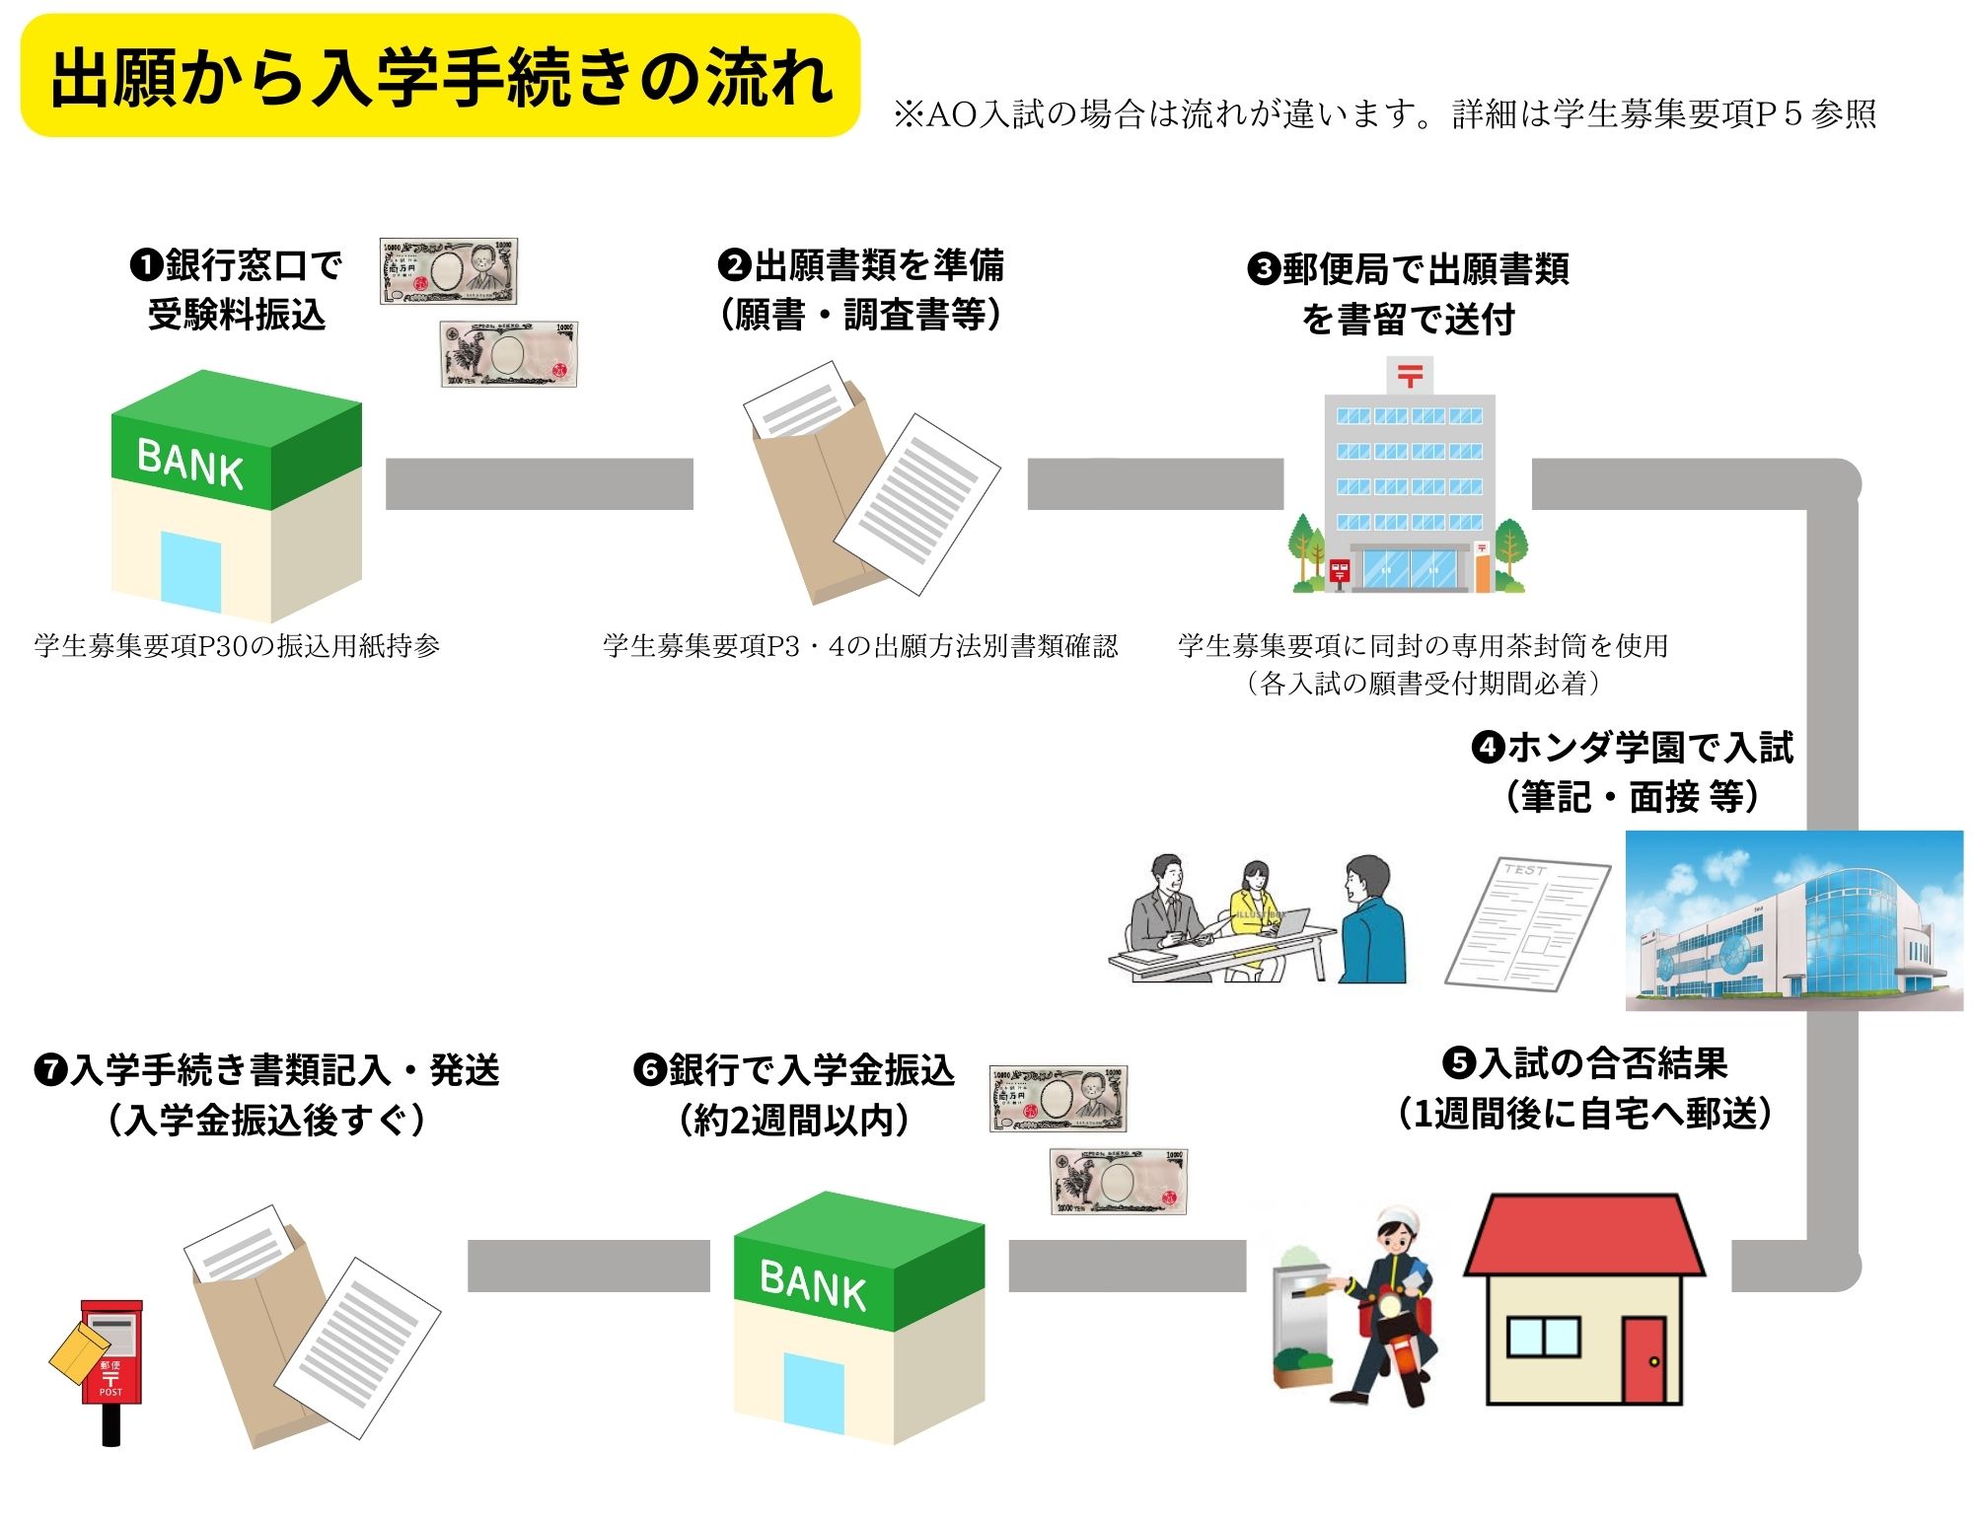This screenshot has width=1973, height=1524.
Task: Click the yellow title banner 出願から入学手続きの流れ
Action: click(x=440, y=76)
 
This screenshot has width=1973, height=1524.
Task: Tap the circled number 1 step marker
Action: click(x=145, y=264)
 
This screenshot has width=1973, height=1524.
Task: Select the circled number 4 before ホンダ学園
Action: click(x=1487, y=747)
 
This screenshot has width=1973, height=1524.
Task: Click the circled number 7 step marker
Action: click(x=50, y=1070)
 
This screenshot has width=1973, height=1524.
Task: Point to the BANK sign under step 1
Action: click(x=190, y=463)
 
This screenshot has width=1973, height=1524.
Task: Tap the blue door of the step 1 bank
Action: click(x=190, y=571)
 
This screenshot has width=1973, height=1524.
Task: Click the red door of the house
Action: click(x=1644, y=1360)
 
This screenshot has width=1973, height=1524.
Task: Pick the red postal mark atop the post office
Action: click(x=1410, y=376)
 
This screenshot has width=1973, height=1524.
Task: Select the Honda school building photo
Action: click(x=1793, y=920)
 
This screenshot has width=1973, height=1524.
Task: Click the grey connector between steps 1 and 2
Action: click(x=539, y=484)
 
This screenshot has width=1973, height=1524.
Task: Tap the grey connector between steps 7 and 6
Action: click(x=588, y=1266)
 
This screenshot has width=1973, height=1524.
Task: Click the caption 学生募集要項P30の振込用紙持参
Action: click(x=237, y=646)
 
